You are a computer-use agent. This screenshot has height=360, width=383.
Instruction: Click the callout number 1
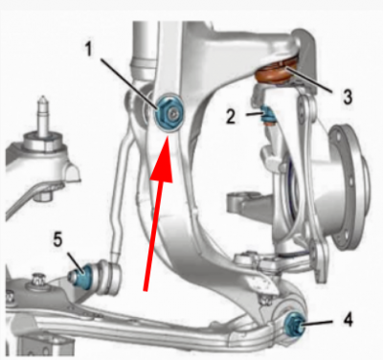coord(89,49)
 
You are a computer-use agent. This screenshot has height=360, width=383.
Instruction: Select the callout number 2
coord(231,117)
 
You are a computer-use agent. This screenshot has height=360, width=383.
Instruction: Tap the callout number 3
coord(348,97)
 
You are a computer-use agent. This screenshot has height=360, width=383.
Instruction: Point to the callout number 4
coord(348,319)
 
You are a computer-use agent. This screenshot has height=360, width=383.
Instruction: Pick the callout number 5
coord(57,239)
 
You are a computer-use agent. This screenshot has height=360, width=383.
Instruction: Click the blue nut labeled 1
coord(168,113)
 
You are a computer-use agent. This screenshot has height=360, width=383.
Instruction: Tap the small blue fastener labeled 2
coord(267,115)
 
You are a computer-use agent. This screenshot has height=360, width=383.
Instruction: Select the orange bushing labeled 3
coord(275,74)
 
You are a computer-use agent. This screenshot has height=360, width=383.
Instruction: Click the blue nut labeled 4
coord(292,324)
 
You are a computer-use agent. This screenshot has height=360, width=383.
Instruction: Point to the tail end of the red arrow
coord(146,291)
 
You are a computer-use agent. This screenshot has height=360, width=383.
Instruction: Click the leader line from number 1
coord(128,84)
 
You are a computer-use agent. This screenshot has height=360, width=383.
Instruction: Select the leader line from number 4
coord(319,323)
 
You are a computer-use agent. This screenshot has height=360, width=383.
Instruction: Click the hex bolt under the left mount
coord(41,194)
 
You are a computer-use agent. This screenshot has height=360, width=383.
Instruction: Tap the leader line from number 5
coord(76,262)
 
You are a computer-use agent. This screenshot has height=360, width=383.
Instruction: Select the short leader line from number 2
coord(255,113)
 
